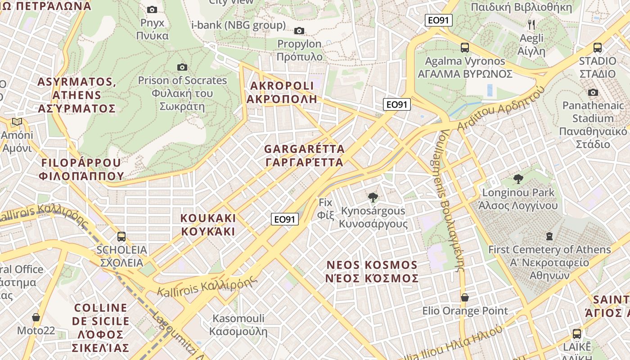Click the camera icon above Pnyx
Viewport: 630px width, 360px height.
click(152, 9)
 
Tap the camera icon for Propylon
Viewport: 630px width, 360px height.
click(299, 31)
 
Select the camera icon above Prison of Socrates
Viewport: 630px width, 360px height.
click(182, 67)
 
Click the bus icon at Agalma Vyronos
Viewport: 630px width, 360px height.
click(465, 47)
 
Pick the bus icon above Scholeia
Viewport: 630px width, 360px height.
click(121, 236)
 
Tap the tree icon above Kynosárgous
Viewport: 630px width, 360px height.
click(373, 197)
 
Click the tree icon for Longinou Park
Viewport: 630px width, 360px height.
click(518, 179)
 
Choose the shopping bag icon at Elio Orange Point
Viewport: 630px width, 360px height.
click(465, 297)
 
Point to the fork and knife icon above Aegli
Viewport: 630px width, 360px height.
click(531, 24)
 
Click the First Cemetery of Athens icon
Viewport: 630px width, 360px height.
click(549, 236)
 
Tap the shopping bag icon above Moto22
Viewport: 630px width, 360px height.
click(36, 317)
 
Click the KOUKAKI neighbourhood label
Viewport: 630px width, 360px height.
click(208, 225)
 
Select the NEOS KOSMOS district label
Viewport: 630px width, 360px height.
click(372, 271)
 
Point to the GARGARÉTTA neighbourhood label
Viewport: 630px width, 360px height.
click(304, 155)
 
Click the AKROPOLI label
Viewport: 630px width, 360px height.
click(282, 92)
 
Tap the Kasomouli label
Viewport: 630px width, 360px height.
click(238, 325)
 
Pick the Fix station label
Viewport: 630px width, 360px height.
click(325, 208)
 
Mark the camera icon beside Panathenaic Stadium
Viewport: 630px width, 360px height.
click(593, 93)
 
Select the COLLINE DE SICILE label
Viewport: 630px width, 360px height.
click(101, 328)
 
